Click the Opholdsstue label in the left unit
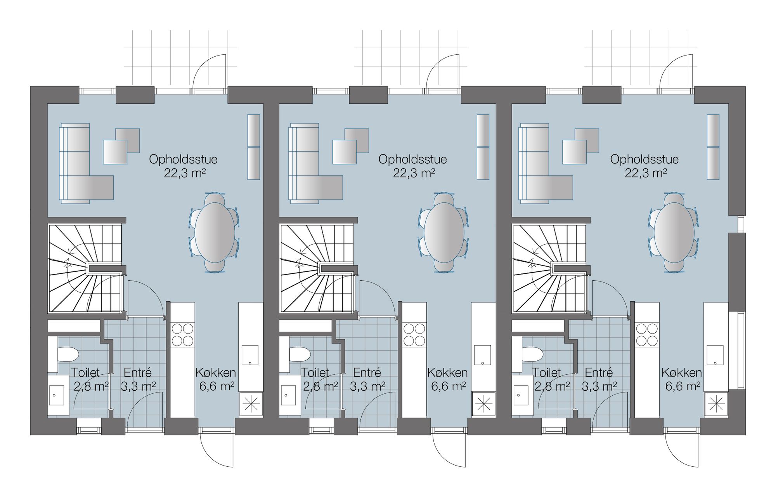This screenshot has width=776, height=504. tap(183, 159)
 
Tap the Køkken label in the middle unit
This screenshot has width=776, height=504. tap(447, 373)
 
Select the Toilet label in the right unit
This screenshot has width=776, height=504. tap(546, 373)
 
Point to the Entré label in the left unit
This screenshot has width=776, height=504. tap(137, 373)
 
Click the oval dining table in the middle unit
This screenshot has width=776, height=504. tap(444, 233)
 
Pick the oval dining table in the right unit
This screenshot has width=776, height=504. tap(674, 233)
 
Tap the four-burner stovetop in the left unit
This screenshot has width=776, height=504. tap(183, 335)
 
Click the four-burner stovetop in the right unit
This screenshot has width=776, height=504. tap(647, 335)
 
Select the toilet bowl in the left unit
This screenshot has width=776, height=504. tap(68, 354)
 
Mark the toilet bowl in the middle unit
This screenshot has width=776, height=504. tap(300, 354)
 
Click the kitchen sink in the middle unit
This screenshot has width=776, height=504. tap(483, 355)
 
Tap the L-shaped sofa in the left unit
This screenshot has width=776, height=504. tap(86, 163)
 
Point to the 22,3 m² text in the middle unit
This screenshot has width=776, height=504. tap(414, 173)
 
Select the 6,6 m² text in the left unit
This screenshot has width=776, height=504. tap(217, 386)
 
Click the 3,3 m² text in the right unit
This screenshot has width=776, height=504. tap(599, 386)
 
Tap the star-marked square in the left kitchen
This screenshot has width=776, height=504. tap(251, 404)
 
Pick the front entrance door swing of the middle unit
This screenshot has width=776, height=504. tap(449, 450)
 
